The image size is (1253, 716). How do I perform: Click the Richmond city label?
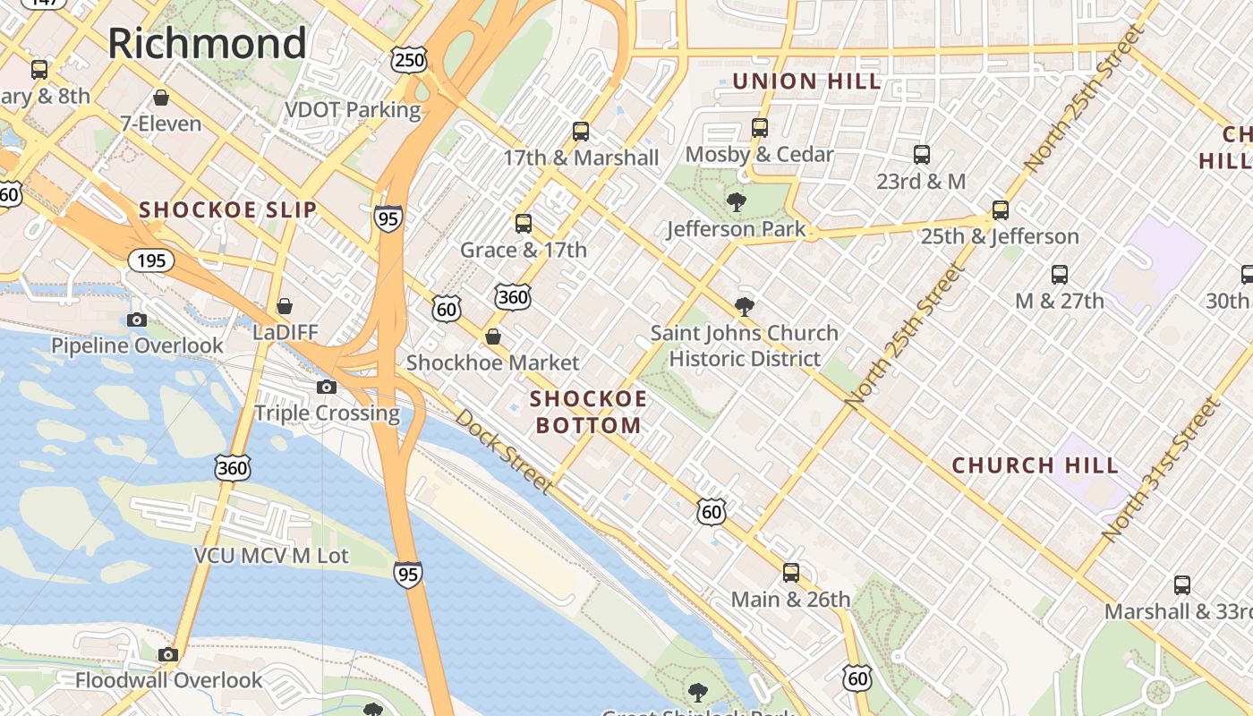(207, 43)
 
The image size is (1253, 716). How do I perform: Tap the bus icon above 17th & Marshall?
(581, 132)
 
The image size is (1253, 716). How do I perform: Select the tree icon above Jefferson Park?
(737, 201)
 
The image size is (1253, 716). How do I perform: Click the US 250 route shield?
(409, 60)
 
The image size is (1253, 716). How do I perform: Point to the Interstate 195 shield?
(151, 260)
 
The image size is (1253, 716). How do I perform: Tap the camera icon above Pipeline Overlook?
(137, 320)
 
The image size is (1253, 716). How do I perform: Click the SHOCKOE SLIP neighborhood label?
(227, 210)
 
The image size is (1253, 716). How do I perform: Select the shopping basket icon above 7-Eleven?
(161, 98)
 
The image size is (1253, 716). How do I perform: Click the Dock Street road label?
(503, 451)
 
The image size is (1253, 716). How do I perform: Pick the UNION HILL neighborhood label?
(806, 81)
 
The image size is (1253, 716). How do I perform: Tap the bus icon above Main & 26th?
(790, 572)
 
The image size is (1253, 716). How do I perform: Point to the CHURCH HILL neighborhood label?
(1035, 465)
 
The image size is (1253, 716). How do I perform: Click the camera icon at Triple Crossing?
(327, 387)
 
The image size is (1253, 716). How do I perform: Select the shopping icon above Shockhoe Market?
(492, 337)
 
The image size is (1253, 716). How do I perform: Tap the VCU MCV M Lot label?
(271, 556)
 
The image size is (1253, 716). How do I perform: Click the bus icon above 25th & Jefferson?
(1000, 210)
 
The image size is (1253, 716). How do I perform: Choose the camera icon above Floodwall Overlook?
(167, 654)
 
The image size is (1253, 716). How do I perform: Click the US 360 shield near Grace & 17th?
(512, 296)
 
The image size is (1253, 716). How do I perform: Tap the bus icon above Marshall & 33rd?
(1181, 585)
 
